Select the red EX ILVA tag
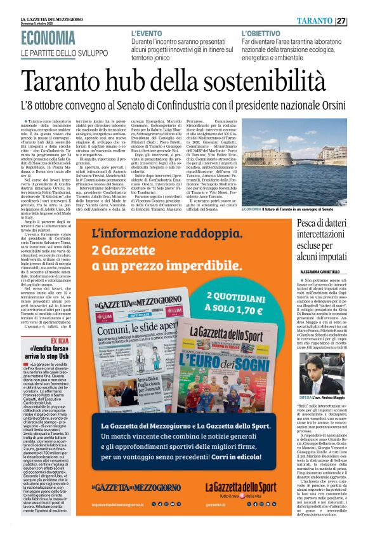(60, 342)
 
